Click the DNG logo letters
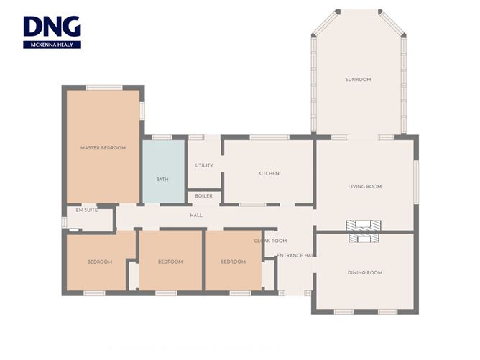52,27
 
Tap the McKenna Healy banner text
52,45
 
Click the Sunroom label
358,80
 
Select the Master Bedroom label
103,148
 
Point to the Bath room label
162,180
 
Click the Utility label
204,165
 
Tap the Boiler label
204,196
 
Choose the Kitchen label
269,174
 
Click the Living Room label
365,186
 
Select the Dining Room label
365,273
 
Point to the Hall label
196,216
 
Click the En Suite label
87,211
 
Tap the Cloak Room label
270,241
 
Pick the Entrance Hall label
295,255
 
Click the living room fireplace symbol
364,226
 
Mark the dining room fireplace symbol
364,238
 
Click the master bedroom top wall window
104,88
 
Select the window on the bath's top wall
162,137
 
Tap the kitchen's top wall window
269,137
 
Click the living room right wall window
416,182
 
